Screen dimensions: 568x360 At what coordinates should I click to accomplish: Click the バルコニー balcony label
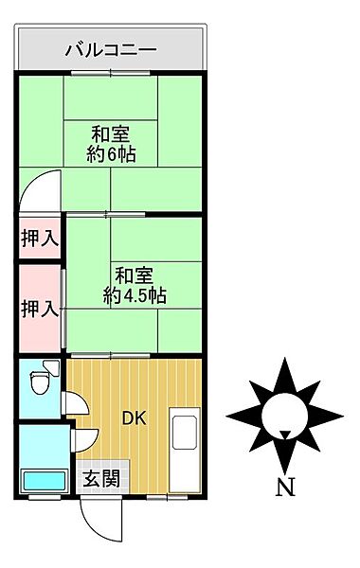[x=109, y=50]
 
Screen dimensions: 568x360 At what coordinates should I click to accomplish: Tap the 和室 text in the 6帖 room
[x=110, y=133]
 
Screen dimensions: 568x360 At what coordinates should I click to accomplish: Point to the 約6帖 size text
[x=110, y=153]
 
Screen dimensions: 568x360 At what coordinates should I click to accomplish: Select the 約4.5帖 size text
[x=135, y=295]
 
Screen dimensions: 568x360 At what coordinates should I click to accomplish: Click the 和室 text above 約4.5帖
[x=135, y=275]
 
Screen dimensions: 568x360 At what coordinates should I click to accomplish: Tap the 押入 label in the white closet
[x=39, y=239]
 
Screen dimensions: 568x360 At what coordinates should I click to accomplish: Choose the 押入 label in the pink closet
[x=39, y=308]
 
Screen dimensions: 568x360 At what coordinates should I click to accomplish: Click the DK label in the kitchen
[x=132, y=416]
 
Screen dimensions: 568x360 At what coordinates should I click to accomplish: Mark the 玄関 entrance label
[x=99, y=478]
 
